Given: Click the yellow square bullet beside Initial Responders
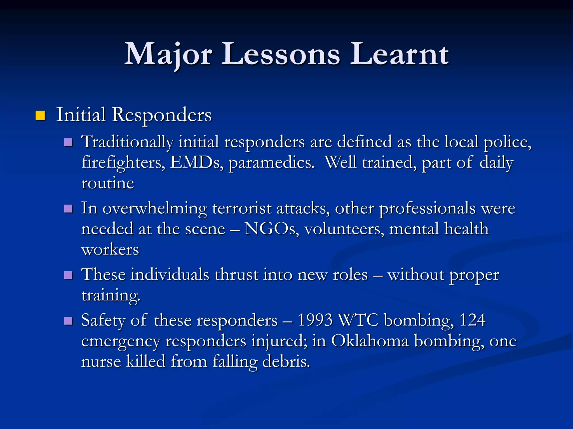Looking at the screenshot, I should click(40, 115).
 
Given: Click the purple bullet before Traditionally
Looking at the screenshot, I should click(68, 142).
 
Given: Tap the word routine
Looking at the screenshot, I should click(107, 183).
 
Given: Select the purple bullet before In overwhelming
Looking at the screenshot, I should click(68, 209).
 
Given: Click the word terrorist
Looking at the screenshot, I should click(242, 209).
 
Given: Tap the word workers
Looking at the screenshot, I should click(110, 249).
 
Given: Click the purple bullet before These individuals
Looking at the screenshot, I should click(68, 275).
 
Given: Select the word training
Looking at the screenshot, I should click(111, 295).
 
